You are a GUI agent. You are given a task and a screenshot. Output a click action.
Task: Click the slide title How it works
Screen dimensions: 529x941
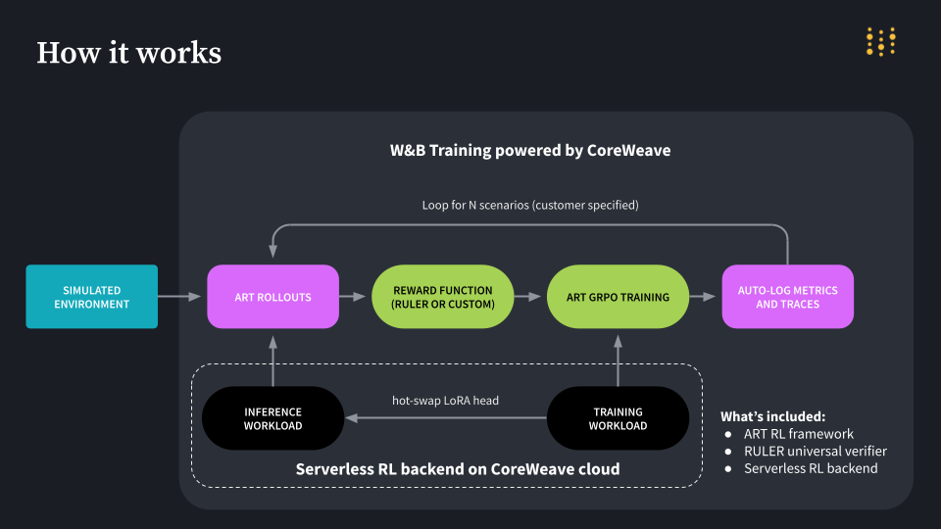[x=128, y=52]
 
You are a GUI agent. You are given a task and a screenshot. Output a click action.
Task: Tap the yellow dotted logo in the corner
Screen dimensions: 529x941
[x=880, y=41]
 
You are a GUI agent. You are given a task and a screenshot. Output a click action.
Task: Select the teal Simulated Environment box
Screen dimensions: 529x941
[x=91, y=297]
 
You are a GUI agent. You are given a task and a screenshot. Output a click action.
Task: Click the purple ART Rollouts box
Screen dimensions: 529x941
[x=272, y=297]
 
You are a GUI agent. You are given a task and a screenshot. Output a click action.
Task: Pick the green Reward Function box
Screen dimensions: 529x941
[x=443, y=297]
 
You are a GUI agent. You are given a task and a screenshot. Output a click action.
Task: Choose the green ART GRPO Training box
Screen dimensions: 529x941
[x=618, y=297]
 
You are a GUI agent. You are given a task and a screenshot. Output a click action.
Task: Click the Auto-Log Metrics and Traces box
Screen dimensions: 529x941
[x=787, y=297]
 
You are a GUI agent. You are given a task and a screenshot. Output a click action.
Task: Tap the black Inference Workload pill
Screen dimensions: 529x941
[x=272, y=418]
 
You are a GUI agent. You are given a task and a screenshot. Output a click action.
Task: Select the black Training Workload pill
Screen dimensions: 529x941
[x=618, y=418]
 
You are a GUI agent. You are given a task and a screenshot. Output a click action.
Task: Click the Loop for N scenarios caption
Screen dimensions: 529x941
[x=529, y=206]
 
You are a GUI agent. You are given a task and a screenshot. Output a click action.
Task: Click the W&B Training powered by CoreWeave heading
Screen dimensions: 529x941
[x=529, y=151]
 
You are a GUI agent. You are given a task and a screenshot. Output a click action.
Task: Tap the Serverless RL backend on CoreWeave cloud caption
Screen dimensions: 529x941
[x=458, y=469]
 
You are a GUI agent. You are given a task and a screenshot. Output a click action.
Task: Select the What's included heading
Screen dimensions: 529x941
[x=773, y=415]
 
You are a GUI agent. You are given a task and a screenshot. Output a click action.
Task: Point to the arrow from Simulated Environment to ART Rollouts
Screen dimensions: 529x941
[x=182, y=297]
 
